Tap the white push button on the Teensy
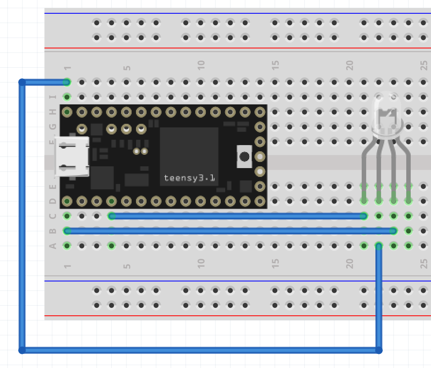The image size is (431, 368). pos(244,157)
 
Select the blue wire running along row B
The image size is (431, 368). pos(230,230)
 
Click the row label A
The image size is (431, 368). pos(53,245)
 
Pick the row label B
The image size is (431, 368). pos(53,230)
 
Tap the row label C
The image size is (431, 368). pos(53,216)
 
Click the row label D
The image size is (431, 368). pos(53,201)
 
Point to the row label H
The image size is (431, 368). pos(53,112)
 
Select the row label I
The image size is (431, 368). pos(53,97)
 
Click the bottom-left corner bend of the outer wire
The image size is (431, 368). pos(22,350)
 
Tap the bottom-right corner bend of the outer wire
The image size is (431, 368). pos(378,350)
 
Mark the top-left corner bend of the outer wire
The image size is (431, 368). pos(22,82)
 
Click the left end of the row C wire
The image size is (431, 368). pos(112,216)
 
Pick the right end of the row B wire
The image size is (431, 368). pos(393,230)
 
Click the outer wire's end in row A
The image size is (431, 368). pos(378,245)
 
